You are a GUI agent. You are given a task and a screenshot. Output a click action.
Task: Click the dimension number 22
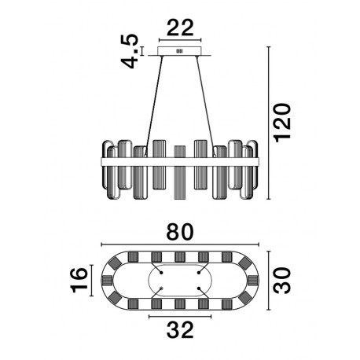click(x=180, y=28)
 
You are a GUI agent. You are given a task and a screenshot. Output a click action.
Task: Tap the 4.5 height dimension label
click(x=129, y=51)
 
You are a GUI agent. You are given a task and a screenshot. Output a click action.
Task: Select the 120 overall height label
click(x=282, y=123)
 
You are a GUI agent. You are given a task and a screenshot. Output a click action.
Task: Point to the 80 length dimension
click(x=180, y=232)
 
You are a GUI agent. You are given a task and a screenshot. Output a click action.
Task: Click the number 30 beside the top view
click(x=282, y=281)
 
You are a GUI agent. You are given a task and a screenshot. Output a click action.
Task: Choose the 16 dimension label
click(x=79, y=280)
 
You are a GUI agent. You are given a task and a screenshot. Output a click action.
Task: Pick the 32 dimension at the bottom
click(x=180, y=329)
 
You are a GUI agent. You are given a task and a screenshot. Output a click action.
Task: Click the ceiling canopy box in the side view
click(x=180, y=51)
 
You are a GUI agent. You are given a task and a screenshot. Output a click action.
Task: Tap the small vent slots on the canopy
click(x=180, y=51)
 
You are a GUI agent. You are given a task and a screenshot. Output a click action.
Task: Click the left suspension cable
click(x=154, y=105)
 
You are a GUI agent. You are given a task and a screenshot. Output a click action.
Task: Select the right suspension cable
click(x=206, y=105)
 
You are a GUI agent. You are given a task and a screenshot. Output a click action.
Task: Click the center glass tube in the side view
click(x=180, y=172)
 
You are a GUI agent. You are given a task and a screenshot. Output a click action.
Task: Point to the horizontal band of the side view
click(x=180, y=162)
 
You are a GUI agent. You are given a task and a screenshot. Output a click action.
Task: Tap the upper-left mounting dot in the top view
click(x=161, y=273)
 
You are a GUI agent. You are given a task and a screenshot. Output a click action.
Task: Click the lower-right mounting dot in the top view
click(x=199, y=288)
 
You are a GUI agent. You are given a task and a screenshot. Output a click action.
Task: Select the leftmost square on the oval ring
click(x=107, y=281)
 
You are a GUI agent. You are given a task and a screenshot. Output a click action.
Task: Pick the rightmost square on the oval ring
click(x=253, y=281)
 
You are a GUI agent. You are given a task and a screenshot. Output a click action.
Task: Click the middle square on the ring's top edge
click(x=180, y=257)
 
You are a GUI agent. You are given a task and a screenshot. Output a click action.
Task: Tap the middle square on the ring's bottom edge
click(x=180, y=304)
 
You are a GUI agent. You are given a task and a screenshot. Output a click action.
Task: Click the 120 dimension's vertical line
click(x=268, y=123)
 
